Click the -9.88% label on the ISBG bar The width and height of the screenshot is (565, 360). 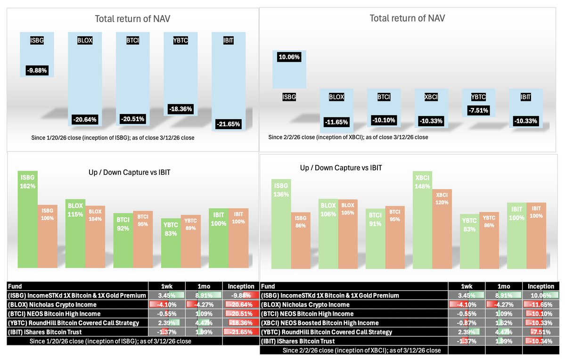(x=37, y=71)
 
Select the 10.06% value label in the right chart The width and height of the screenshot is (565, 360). (x=289, y=57)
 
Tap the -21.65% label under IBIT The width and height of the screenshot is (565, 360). (x=228, y=124)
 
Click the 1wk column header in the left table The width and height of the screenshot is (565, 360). (x=166, y=286)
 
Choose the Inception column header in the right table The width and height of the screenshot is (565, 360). (x=540, y=286)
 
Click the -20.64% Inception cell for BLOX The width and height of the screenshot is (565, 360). (x=241, y=304)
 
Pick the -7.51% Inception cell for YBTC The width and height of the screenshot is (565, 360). (x=540, y=332)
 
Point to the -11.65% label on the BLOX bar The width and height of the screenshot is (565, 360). (x=336, y=122)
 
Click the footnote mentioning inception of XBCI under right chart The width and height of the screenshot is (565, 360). (x=348, y=138)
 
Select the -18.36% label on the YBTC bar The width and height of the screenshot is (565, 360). (x=180, y=108)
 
